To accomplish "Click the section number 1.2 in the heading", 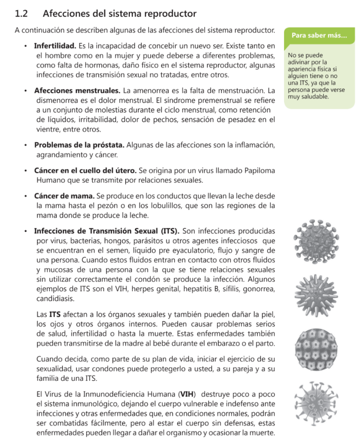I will (21, 14).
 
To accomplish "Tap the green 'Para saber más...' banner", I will (319, 35).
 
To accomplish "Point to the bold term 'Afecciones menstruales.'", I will (77, 91).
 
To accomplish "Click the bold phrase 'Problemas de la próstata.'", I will (79, 145).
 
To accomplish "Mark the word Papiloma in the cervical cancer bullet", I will (259, 170).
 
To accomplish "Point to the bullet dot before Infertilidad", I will (26, 46).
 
